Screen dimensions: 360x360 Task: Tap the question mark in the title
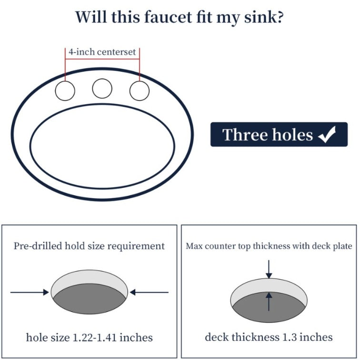[x=280, y=17]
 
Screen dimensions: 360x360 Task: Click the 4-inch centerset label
[x=102, y=52]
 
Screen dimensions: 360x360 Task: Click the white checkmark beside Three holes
[x=327, y=134]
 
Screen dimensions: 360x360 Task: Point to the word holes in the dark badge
[x=292, y=135]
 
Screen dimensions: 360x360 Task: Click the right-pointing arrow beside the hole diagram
[x=30, y=292]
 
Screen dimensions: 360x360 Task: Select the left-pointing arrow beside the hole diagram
[x=149, y=292]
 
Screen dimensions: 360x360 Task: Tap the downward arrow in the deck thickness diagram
[x=269, y=269]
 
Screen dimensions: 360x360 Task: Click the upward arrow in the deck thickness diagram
[x=269, y=302]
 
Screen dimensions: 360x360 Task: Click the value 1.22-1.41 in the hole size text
[x=95, y=338]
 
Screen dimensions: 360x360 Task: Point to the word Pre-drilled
[x=38, y=246]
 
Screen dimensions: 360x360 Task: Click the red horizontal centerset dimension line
[x=102, y=59]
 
